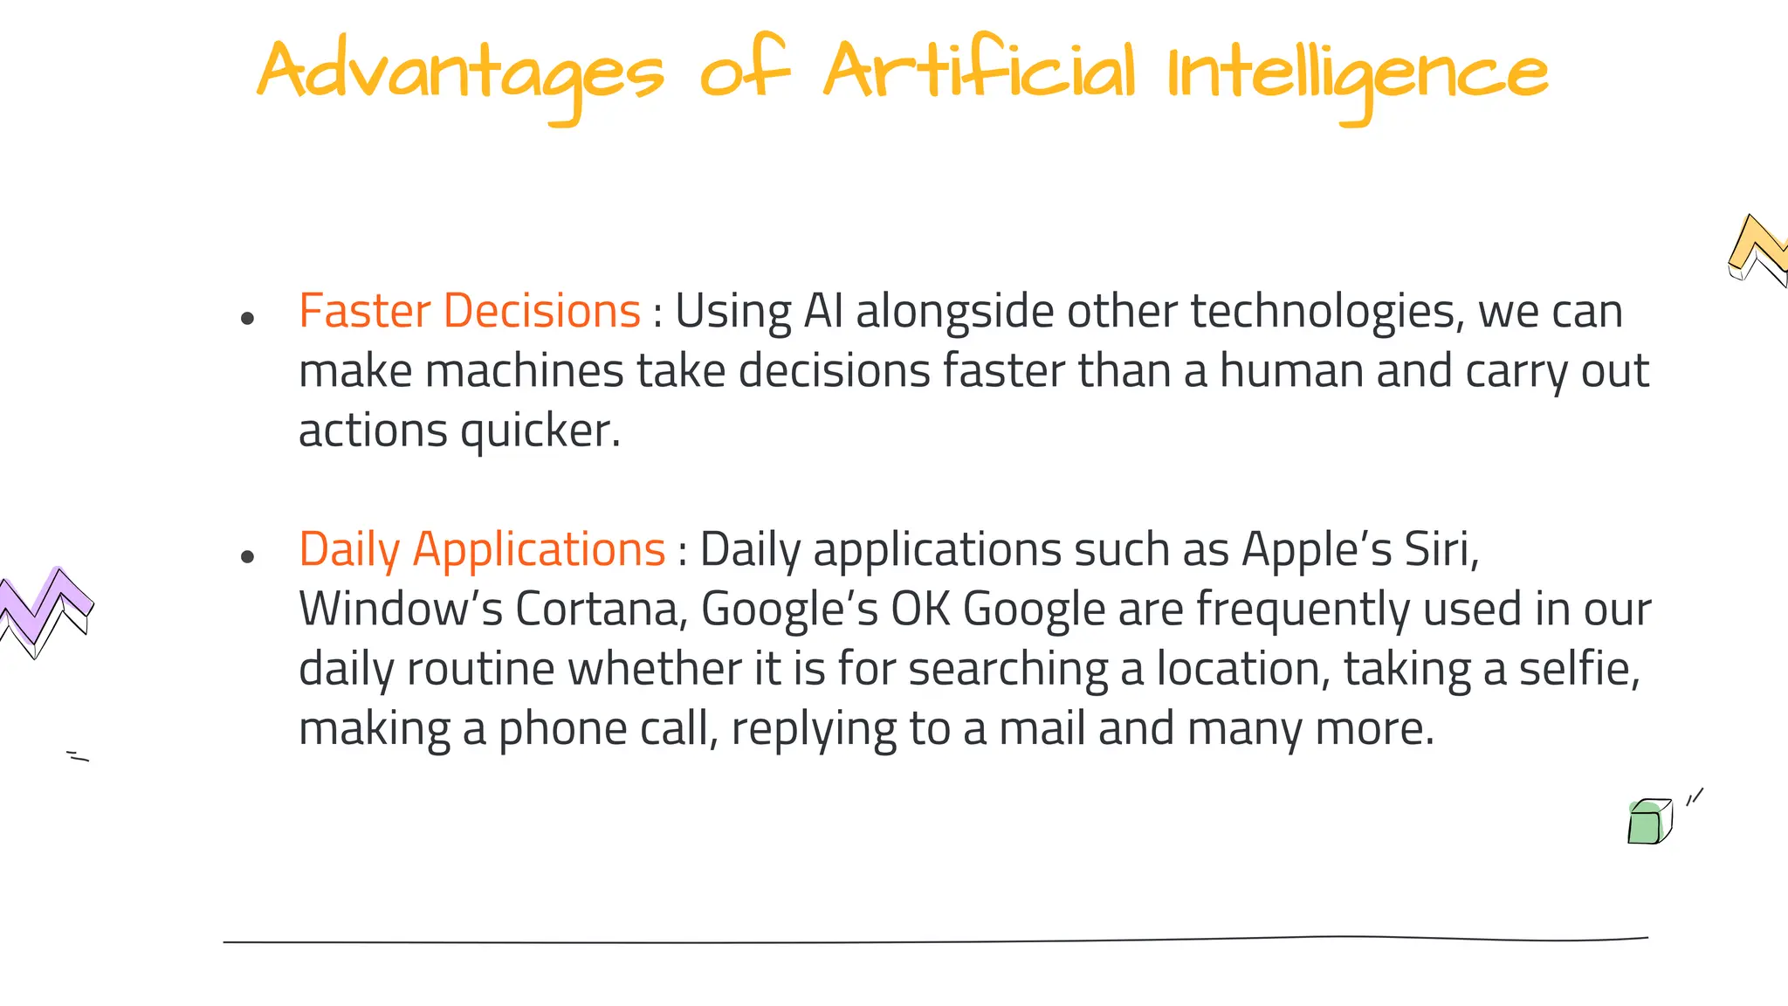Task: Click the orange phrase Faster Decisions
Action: [470, 311]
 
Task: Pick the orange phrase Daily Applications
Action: [482, 549]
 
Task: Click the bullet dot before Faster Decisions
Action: [247, 319]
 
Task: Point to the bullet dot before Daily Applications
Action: [247, 556]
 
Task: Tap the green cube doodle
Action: [1649, 822]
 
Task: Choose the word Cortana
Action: [597, 609]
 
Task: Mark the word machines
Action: [524, 370]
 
